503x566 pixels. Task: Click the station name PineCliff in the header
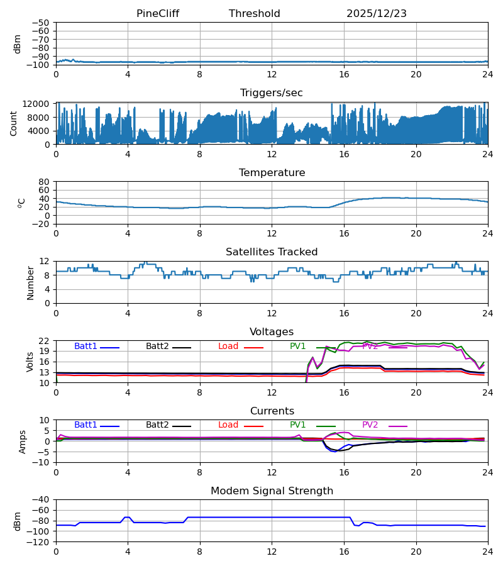point(158,14)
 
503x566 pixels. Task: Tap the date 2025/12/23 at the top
point(377,14)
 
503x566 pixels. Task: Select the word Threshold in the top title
point(255,14)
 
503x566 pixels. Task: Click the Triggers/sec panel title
point(272,93)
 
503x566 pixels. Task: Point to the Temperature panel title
point(272,173)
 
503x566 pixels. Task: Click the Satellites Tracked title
point(272,252)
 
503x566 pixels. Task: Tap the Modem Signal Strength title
point(272,491)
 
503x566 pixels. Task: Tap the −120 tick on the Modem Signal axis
point(40,542)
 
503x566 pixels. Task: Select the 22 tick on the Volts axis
point(45,341)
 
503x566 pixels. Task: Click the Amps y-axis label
point(24,441)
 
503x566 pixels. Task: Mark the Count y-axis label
point(14,123)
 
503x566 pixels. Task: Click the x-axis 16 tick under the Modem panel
point(344,552)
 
